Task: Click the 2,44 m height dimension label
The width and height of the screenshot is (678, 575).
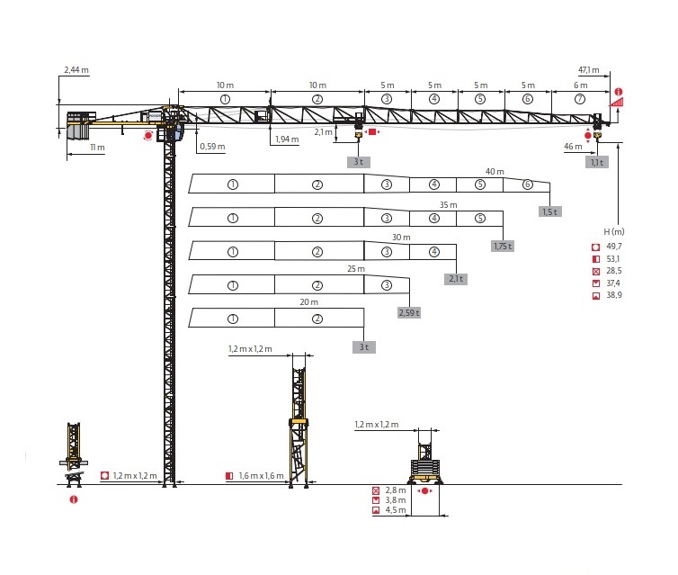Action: tap(76, 69)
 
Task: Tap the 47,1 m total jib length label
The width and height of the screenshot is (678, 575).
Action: tap(589, 69)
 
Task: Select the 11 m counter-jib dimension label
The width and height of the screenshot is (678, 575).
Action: tap(97, 147)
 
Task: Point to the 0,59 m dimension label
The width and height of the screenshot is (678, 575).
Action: tap(212, 147)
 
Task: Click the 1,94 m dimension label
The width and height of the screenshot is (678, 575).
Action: tap(287, 139)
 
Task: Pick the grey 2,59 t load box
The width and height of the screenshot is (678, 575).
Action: tap(409, 312)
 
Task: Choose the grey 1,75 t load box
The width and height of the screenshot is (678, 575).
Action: tap(503, 247)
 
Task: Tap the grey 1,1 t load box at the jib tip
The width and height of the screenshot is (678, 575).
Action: tap(597, 162)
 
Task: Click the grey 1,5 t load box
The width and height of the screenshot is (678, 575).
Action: tap(550, 211)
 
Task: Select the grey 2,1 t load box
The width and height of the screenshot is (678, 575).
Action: tap(456, 279)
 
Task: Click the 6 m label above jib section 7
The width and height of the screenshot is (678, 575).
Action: tap(580, 85)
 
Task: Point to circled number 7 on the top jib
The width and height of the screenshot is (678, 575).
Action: tap(580, 99)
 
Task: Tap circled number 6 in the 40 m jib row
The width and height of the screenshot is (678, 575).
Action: tap(527, 184)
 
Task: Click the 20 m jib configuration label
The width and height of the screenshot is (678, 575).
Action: tap(308, 302)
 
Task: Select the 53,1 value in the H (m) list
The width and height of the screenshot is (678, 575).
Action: tap(613, 259)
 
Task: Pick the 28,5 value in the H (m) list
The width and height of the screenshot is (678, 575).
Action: tap(614, 271)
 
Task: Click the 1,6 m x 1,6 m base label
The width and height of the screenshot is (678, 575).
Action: tap(261, 475)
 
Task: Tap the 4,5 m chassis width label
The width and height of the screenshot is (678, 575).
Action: tap(396, 510)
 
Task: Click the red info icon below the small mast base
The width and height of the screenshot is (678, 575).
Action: tap(74, 499)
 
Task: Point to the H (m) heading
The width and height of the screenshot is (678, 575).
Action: tap(614, 231)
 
